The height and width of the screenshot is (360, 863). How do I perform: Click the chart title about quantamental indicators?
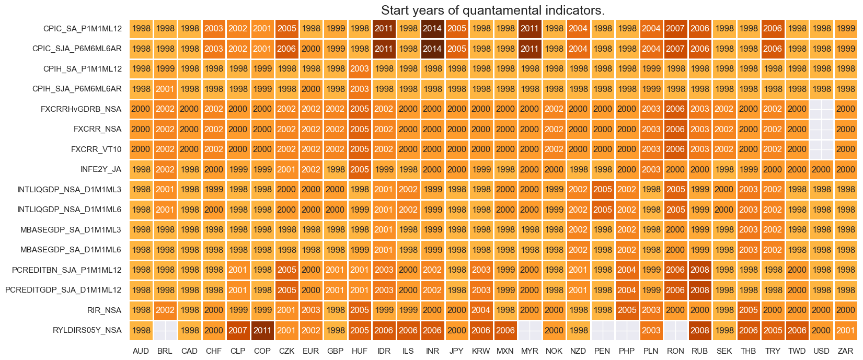[492, 10]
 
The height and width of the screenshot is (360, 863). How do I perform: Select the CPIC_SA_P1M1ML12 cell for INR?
[432, 29]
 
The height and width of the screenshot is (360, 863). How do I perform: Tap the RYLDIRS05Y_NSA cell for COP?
[262, 330]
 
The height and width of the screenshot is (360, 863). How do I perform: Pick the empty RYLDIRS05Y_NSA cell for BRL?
[165, 330]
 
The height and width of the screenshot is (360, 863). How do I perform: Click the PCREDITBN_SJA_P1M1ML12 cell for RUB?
[700, 270]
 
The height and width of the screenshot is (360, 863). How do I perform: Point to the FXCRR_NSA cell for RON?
[675, 129]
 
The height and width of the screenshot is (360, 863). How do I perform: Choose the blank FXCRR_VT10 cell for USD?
[821, 149]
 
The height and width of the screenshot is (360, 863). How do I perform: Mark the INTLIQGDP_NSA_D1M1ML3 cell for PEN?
[603, 190]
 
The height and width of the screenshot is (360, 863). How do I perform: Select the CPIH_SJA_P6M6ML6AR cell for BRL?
[165, 89]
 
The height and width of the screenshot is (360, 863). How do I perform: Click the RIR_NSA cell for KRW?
[481, 310]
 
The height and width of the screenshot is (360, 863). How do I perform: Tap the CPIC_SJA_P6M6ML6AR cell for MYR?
[530, 49]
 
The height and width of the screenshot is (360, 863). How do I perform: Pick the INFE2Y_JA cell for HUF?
[360, 169]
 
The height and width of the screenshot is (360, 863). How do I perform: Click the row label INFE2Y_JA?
[101, 169]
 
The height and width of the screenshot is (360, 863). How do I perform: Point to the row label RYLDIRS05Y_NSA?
[87, 330]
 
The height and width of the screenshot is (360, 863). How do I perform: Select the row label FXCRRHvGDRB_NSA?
[81, 109]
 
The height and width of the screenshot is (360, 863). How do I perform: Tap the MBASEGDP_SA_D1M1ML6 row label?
[71, 250]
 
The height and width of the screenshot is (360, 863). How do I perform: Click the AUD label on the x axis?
[141, 351]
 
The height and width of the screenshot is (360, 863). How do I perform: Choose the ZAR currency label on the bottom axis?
[845, 351]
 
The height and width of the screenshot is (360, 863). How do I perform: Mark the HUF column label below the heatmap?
[360, 351]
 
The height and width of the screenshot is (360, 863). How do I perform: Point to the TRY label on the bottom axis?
[773, 351]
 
